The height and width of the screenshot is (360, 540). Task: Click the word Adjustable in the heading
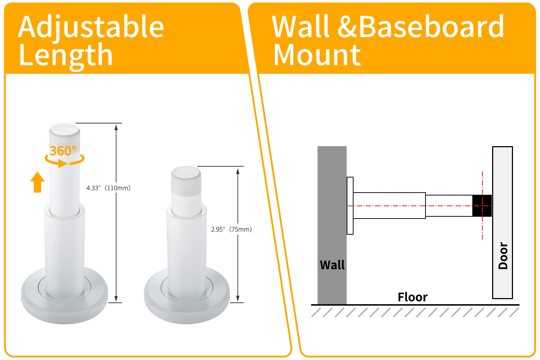pyautogui.click(x=91, y=27)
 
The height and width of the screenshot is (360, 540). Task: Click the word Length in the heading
pyautogui.click(x=66, y=55)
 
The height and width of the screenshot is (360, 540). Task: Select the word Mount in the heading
pyautogui.click(x=317, y=55)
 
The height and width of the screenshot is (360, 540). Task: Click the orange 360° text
pyautogui.click(x=63, y=151)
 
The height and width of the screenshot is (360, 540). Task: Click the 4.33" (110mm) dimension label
pyautogui.click(x=108, y=188)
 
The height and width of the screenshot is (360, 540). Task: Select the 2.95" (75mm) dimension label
pyautogui.click(x=231, y=229)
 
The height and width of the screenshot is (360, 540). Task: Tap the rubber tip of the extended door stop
pyautogui.click(x=64, y=135)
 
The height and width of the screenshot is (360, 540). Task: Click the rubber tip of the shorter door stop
pyautogui.click(x=186, y=180)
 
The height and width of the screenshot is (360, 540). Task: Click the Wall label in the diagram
pyautogui.click(x=332, y=265)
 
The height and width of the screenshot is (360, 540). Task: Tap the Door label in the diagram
pyautogui.click(x=503, y=256)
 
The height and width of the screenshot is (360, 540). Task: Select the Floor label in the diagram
pyautogui.click(x=413, y=297)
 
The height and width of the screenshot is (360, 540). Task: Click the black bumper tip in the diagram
pyautogui.click(x=482, y=206)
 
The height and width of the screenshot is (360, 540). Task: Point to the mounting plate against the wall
pyautogui.click(x=350, y=206)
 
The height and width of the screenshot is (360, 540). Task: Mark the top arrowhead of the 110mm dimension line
pyautogui.click(x=116, y=127)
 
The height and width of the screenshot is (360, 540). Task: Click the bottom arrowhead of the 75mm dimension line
pyautogui.click(x=238, y=298)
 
